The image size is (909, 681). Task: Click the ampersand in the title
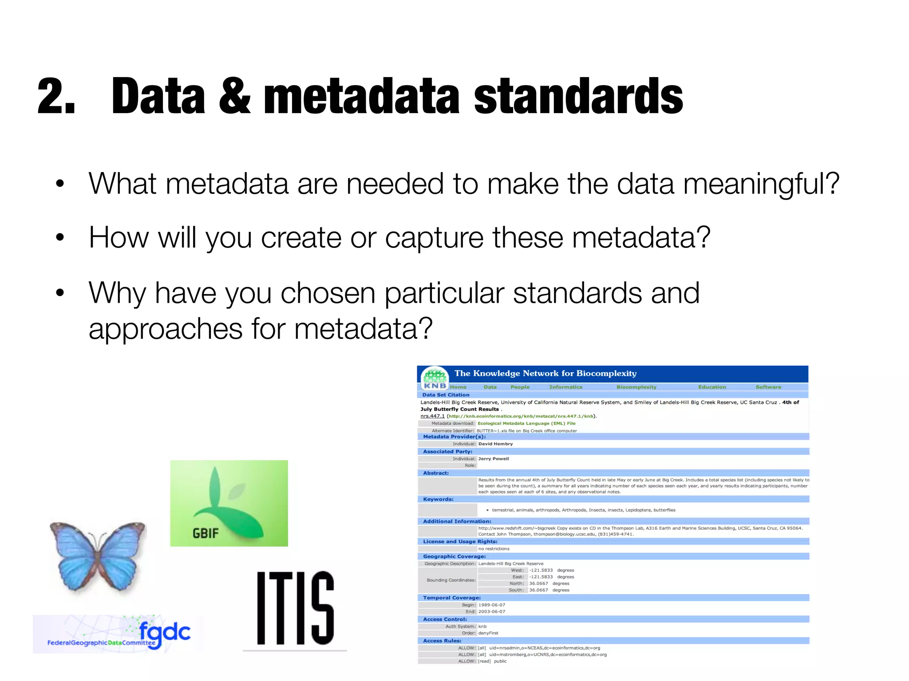click(x=234, y=96)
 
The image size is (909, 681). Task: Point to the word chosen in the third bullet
click(x=328, y=293)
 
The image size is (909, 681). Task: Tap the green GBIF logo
click(x=229, y=503)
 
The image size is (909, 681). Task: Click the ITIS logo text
click(x=295, y=608)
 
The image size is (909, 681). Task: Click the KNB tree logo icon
click(x=435, y=378)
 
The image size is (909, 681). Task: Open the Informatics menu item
click(x=565, y=387)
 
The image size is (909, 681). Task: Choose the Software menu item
click(x=768, y=387)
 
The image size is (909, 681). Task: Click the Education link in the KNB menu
click(x=712, y=387)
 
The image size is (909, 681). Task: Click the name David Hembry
click(x=495, y=444)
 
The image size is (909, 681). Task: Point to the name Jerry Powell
click(x=494, y=459)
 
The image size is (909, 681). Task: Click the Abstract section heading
click(x=436, y=473)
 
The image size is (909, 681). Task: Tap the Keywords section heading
click(x=438, y=499)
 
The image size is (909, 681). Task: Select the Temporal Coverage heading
click(x=452, y=598)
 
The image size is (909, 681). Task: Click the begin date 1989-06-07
click(x=492, y=605)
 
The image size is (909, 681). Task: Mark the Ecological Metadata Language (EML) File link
click(x=526, y=423)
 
